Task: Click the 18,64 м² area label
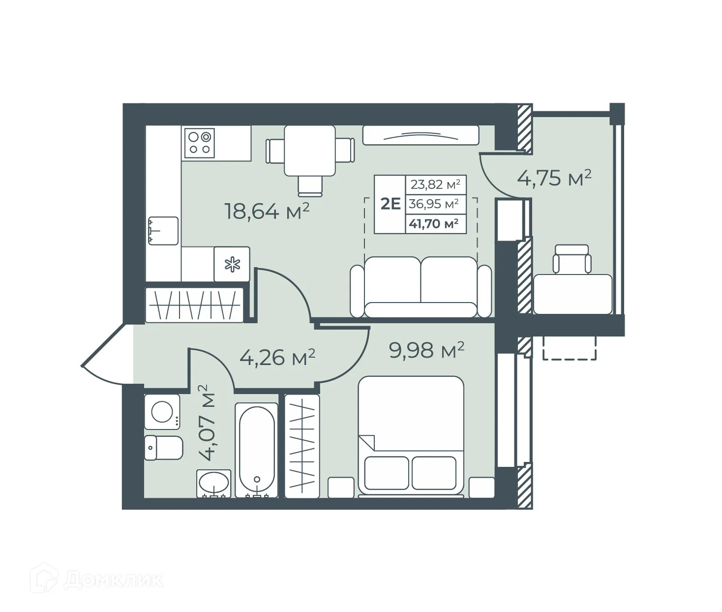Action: pos(267,211)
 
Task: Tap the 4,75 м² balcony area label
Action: pos(554,178)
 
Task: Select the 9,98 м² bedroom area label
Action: pos(426,350)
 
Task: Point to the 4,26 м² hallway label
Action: pos(277,357)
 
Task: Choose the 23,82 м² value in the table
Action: pos(435,184)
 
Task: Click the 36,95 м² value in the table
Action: pos(434,204)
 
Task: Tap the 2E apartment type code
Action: pos(391,204)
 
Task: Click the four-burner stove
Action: pos(200,143)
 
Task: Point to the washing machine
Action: pos(162,411)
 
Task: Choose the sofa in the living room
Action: pos(421,288)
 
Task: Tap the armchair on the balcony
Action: pos(571,259)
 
